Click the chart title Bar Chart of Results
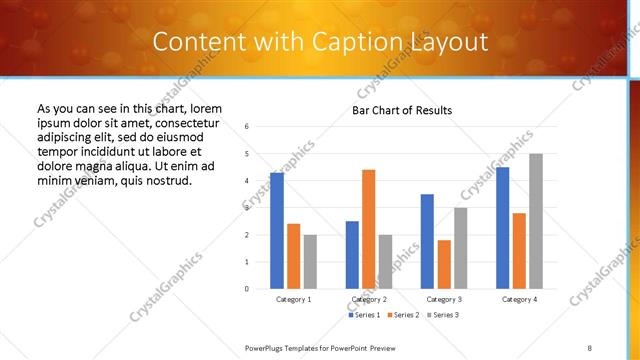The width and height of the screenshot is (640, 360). [x=402, y=110]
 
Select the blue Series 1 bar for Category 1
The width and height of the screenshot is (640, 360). [x=277, y=230]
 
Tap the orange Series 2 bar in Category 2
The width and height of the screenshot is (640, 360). [x=368, y=229]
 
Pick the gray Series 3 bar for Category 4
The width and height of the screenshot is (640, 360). [x=536, y=221]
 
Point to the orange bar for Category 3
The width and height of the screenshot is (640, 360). [x=444, y=264]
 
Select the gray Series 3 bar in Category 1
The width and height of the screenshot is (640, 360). [x=311, y=261]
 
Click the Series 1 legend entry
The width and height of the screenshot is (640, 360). [x=365, y=316]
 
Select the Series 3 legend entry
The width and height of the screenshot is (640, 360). [x=443, y=316]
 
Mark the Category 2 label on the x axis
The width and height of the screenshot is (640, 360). [x=369, y=299]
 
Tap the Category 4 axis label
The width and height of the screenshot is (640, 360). [x=519, y=299]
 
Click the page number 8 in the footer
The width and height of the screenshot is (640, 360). [x=590, y=346]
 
